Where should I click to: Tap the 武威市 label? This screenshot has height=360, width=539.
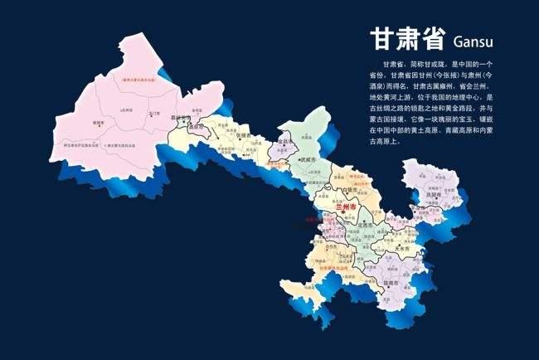[309, 158]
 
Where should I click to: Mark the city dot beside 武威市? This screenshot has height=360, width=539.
[301, 158]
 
